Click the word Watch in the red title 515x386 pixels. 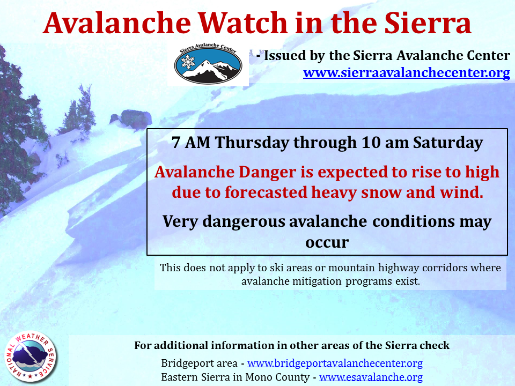(x=244, y=23)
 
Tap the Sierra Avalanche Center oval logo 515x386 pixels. (x=208, y=64)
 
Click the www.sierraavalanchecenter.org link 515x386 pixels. (x=407, y=72)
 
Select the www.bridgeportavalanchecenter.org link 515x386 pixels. (x=335, y=363)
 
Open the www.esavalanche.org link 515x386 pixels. (x=371, y=377)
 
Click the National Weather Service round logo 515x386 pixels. (x=30, y=357)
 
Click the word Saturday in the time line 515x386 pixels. (x=447, y=143)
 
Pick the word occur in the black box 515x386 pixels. (x=327, y=243)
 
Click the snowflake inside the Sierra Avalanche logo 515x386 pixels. (x=188, y=62)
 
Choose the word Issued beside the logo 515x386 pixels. (x=285, y=55)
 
